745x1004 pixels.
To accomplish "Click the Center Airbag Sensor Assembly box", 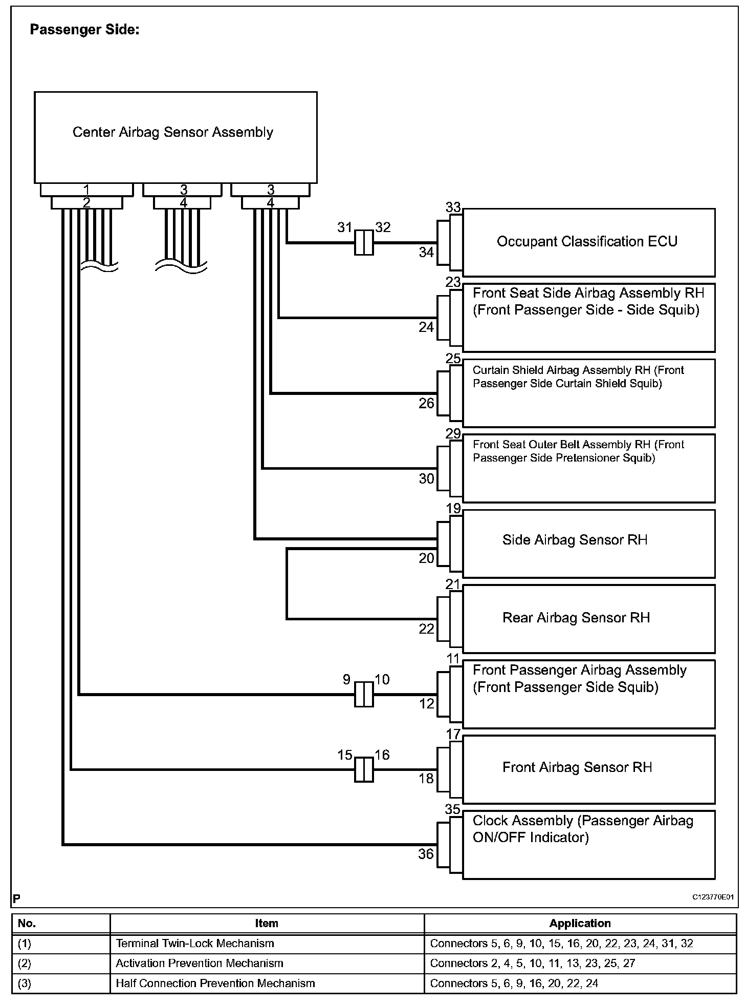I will click(176, 137).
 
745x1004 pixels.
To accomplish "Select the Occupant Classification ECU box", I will click(588, 242).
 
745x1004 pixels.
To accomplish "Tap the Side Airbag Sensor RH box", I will click(588, 543).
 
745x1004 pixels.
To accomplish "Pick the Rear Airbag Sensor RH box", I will click(588, 619).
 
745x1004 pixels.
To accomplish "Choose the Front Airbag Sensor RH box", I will click(588, 769).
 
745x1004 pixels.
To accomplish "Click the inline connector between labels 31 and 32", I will click(364, 242).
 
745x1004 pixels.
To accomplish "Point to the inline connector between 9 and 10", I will click(364, 694).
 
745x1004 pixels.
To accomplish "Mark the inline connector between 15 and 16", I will click(364, 769).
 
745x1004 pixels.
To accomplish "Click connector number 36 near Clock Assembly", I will click(426, 854).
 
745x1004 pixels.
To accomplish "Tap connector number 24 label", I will click(426, 327).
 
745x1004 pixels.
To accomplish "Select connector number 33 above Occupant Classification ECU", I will click(453, 207).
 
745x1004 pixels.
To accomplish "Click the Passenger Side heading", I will click(84, 30).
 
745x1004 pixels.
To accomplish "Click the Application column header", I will click(580, 924).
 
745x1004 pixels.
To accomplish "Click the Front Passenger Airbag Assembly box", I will click(588, 694).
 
